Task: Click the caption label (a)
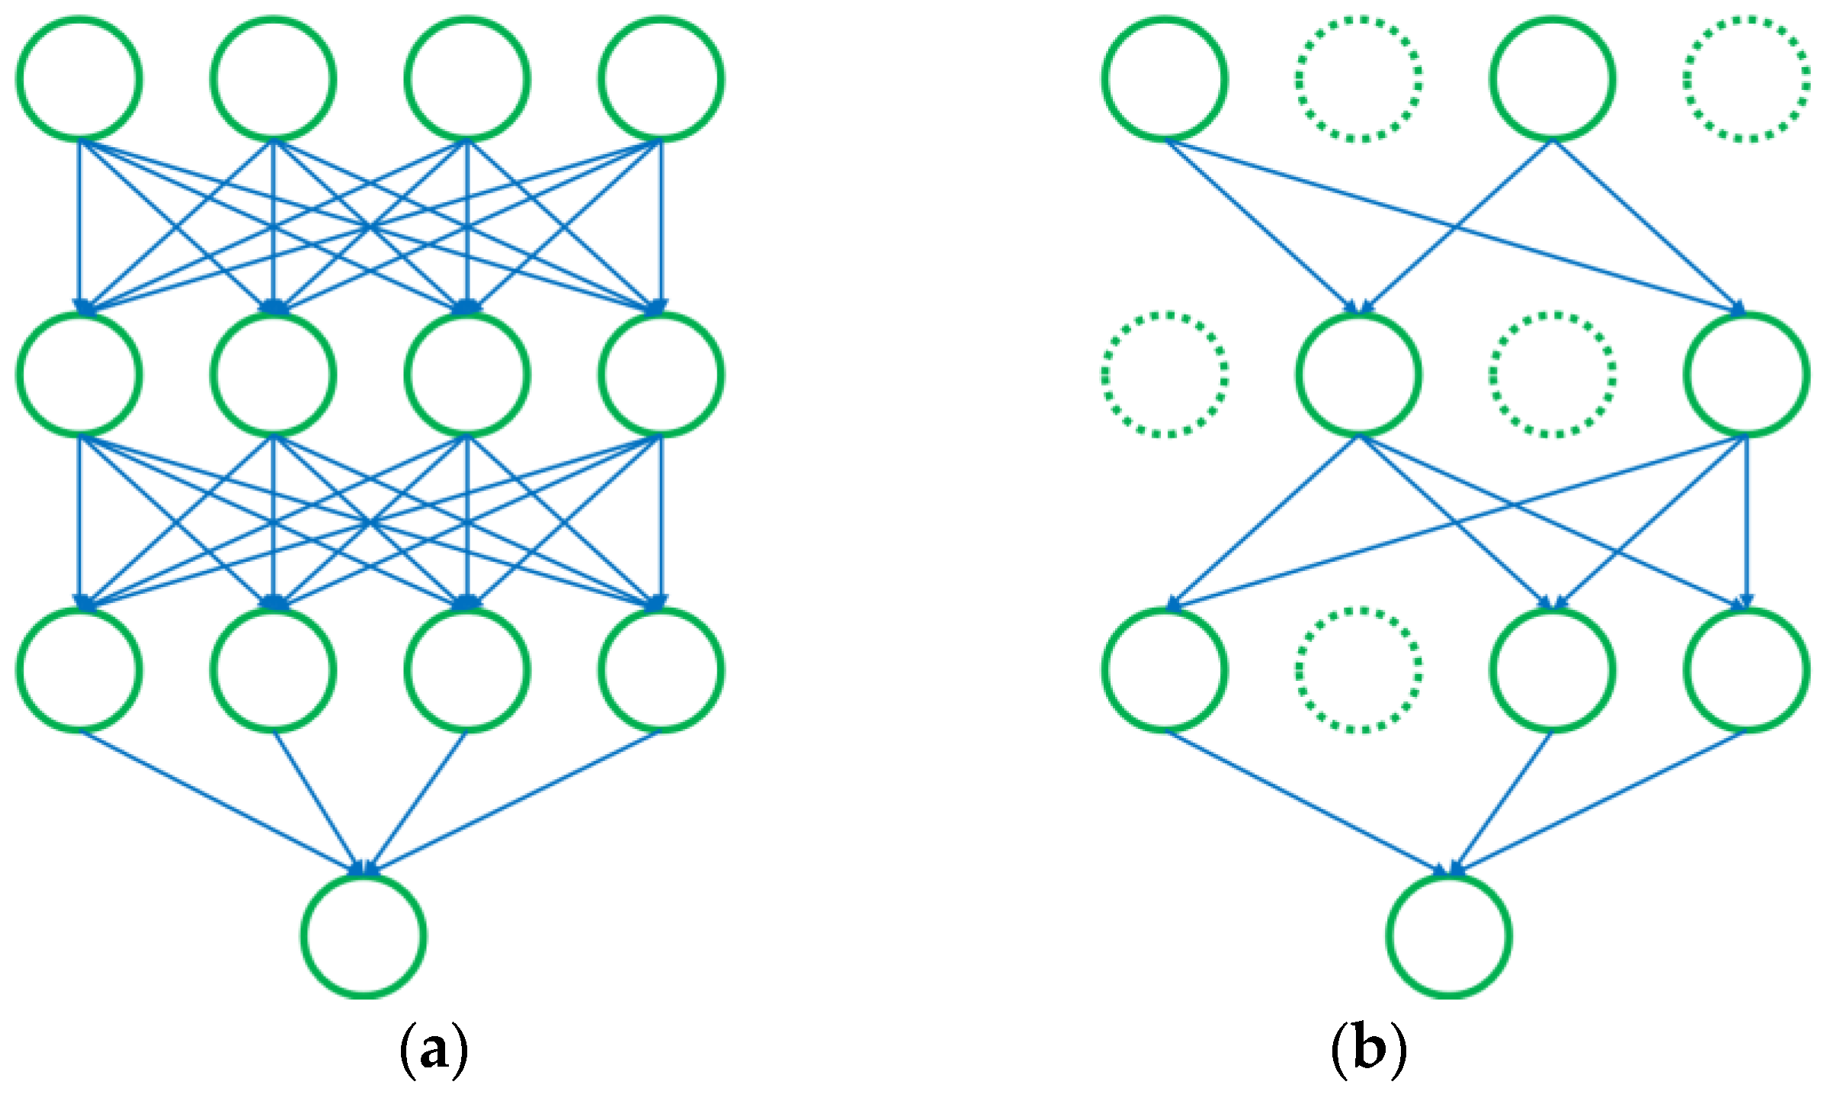(434, 1051)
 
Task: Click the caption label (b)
(1368, 1051)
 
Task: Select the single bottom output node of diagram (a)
(364, 936)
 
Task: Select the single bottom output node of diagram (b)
(1449, 936)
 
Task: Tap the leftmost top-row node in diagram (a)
(79, 79)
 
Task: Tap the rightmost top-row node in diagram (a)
(662, 79)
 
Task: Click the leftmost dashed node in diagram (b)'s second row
(1165, 374)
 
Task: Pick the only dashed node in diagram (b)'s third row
(1359, 670)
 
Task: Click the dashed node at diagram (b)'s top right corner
(1747, 79)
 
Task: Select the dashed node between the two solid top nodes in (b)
(1359, 79)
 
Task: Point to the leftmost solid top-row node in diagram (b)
(1165, 79)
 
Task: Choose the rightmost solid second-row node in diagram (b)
(1747, 374)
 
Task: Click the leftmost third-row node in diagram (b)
(1165, 670)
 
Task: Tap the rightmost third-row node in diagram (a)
(662, 670)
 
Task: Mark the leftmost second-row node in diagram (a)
(79, 374)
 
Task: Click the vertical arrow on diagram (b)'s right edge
(1747, 526)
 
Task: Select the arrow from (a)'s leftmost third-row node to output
(221, 802)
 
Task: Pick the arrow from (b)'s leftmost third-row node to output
(1305, 802)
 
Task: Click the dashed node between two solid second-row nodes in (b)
(1553, 374)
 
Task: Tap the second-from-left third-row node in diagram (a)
(274, 670)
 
